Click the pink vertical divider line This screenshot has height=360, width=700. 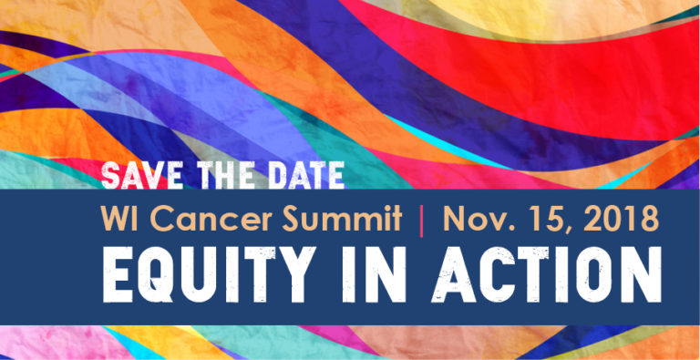(x=421, y=220)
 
